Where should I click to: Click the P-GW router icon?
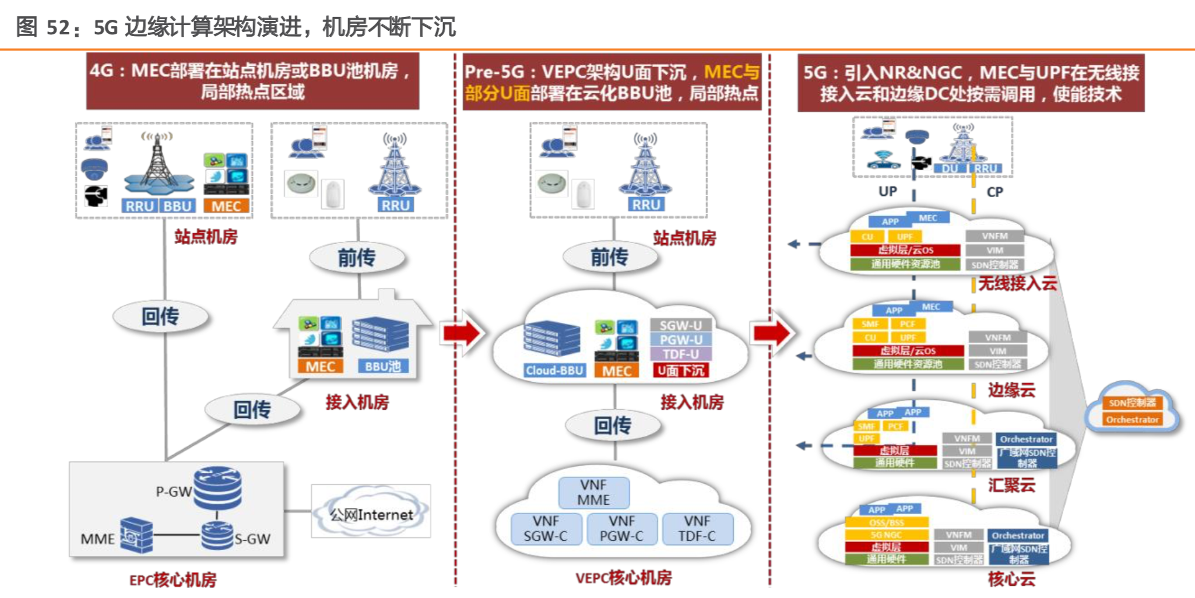[217, 488]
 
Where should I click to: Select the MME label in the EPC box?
[97, 539]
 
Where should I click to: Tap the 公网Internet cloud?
[371, 514]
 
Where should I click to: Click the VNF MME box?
[593, 493]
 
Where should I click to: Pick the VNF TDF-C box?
[697, 529]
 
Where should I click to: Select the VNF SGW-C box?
[546, 529]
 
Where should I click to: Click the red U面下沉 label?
[681, 371]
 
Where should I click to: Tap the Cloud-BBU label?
[554, 371]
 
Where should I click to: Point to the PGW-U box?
[681, 340]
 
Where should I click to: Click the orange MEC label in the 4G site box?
[226, 206]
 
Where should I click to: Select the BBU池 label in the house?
[382, 367]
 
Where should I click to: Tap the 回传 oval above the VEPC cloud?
[612, 425]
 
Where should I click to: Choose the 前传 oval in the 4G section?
[357, 258]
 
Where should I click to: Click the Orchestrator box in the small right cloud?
[1132, 420]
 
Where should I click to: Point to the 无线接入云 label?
[1017, 284]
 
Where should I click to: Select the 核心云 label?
[1011, 579]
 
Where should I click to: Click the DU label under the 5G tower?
[950, 168]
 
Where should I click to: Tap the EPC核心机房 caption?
[173, 580]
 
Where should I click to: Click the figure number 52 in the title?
[58, 27]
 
